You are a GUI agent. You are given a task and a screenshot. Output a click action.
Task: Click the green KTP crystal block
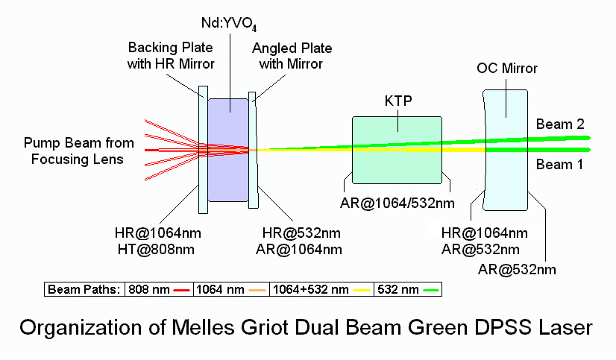[x=399, y=168]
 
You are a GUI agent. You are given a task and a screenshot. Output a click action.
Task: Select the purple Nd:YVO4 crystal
[x=228, y=175]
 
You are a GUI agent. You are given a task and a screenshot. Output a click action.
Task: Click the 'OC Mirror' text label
[x=507, y=69]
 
